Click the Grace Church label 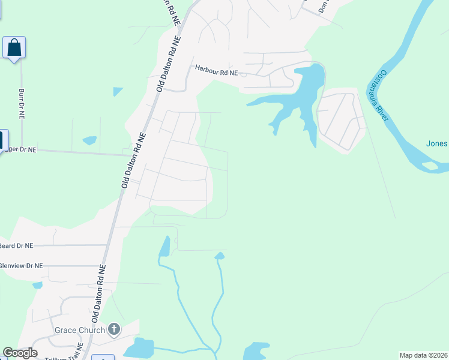[80, 330]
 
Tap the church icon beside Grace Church [114, 329]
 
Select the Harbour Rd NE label [216, 71]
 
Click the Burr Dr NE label [22, 103]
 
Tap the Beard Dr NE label [17, 245]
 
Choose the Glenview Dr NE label [22, 265]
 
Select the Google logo [20, 353]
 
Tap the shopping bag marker [14, 48]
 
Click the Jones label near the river [436, 143]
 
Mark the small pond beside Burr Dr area [89, 140]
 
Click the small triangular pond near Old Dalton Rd [117, 91]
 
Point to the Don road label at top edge [324, 6]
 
